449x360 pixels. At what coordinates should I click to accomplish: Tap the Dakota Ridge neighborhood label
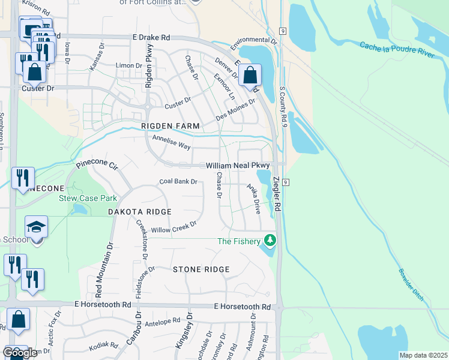coord(140,212)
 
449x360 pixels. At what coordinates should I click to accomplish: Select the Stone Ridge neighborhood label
coord(201,269)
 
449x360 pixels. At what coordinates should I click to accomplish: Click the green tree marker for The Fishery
coord(270,241)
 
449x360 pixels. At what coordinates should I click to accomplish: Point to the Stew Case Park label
coord(88,198)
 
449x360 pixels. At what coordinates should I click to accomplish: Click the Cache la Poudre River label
coord(397,50)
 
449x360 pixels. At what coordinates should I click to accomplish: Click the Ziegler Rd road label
coord(277,193)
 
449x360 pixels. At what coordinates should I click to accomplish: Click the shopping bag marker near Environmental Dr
coord(250,76)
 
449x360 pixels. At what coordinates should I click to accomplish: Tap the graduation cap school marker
coord(37,227)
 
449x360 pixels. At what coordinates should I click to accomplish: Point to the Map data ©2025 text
coord(423,355)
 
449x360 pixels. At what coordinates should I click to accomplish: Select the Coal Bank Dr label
coord(178,182)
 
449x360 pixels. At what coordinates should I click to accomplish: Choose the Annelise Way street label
coord(171,142)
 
